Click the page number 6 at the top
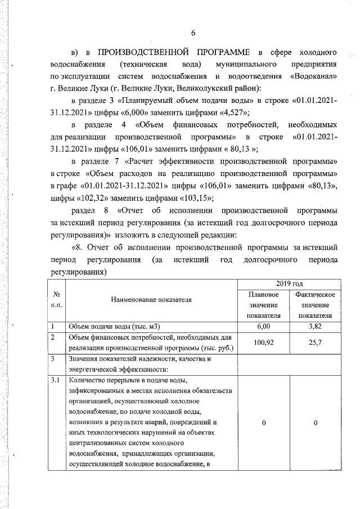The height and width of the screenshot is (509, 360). [x=193, y=33]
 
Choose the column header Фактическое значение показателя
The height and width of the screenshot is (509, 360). [x=316, y=304]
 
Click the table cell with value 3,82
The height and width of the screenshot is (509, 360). [x=316, y=326]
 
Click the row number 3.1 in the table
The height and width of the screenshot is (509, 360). [x=55, y=381]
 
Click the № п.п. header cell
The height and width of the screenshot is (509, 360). [x=56, y=299]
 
